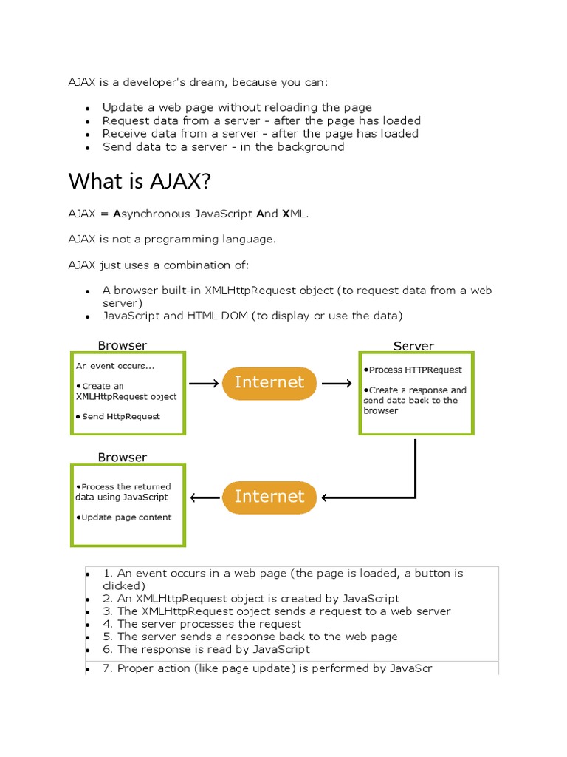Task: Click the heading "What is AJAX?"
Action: (140, 181)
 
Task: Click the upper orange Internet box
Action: (269, 382)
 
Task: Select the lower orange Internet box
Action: (269, 497)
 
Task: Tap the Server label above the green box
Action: (413, 346)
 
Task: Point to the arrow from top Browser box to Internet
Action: (205, 384)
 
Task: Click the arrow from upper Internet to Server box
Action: (337, 384)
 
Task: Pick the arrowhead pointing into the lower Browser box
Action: (195, 498)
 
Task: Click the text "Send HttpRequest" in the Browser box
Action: (120, 416)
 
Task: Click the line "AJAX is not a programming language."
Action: (173, 239)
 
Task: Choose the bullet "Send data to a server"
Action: (223, 146)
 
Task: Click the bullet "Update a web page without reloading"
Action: (237, 107)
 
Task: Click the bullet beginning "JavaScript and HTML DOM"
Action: (252, 316)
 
